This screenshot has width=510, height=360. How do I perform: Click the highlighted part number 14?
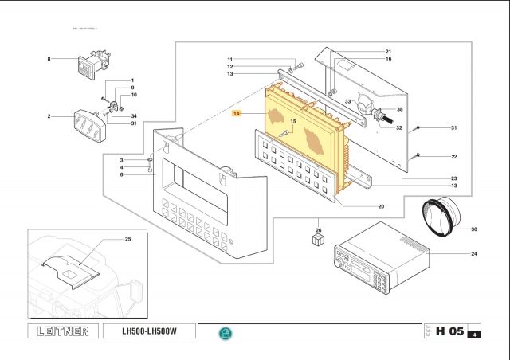[x=236, y=115]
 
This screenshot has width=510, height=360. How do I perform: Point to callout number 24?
[x=473, y=254]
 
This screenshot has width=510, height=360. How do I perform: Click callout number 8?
[x=49, y=59]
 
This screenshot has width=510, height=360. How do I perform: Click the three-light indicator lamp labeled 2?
[x=91, y=123]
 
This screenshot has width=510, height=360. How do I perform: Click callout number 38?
[x=399, y=109]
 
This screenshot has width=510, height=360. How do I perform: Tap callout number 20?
[x=381, y=206]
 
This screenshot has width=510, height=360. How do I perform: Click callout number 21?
[x=388, y=51]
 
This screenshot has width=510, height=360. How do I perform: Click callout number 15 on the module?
[x=292, y=122]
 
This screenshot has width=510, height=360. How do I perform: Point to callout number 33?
[x=347, y=101]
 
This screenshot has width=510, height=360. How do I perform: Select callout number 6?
[x=122, y=174]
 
